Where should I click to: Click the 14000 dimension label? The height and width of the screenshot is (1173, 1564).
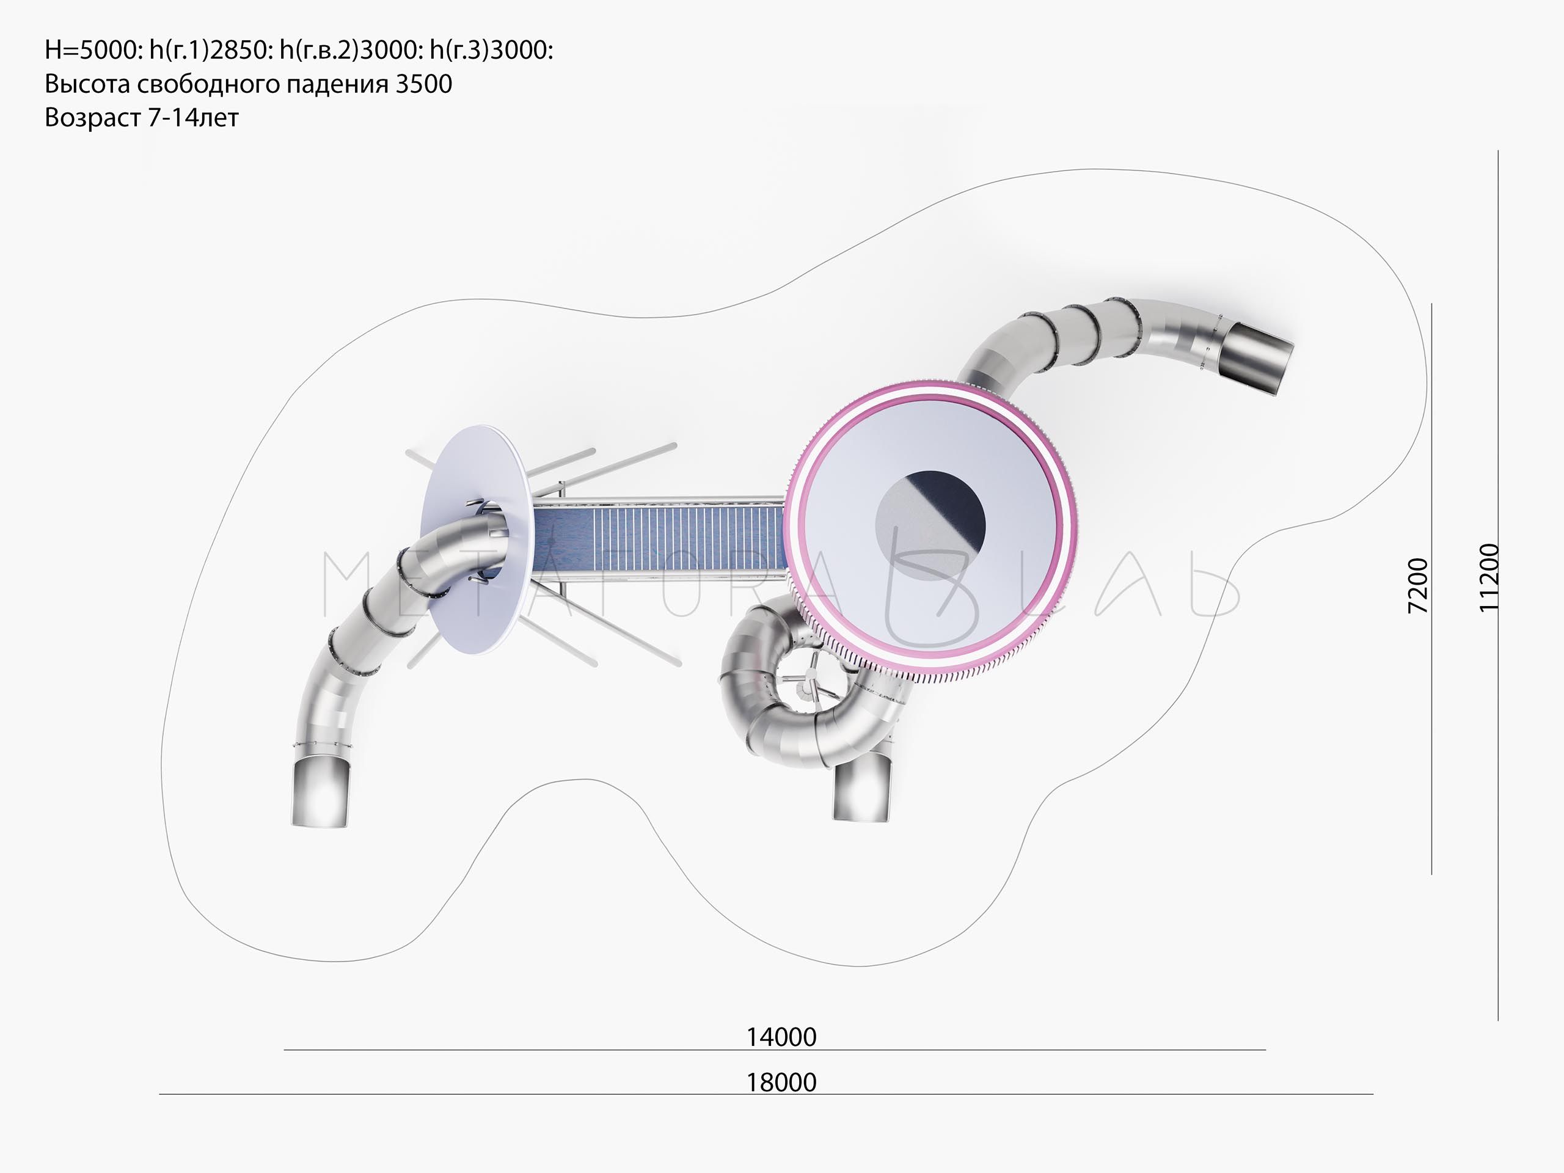point(781,1037)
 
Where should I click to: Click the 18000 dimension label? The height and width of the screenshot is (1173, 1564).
point(781,1082)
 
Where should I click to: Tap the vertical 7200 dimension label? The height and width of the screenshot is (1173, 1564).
point(1417,585)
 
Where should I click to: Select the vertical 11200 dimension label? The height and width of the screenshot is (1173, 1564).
point(1488,577)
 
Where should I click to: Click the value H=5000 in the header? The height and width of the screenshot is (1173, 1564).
point(93,50)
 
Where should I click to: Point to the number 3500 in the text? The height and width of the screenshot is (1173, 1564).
point(423,84)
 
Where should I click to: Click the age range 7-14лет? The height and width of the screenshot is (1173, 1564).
point(193,117)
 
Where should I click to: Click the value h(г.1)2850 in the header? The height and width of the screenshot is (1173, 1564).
point(210,50)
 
